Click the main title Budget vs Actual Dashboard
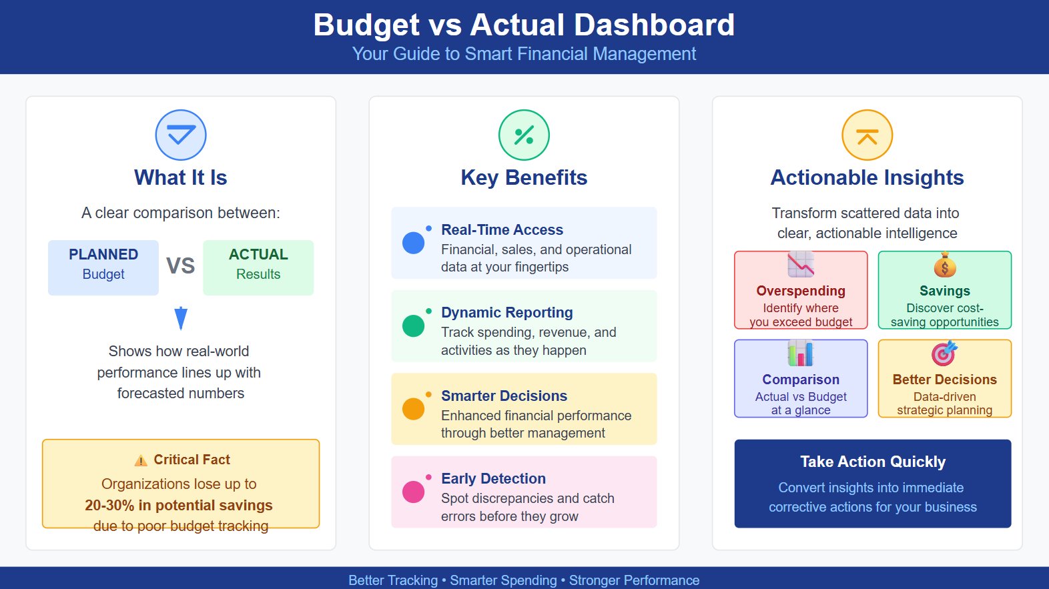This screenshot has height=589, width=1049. click(524, 25)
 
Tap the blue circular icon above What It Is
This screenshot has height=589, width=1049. click(181, 135)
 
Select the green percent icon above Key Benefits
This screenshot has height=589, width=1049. click(524, 135)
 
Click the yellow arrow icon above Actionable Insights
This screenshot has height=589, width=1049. click(867, 135)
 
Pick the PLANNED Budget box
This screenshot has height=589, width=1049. click(103, 267)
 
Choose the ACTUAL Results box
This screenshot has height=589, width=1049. click(258, 267)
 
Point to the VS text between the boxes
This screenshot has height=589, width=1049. click(180, 265)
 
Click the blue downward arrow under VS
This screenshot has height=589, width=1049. click(180, 318)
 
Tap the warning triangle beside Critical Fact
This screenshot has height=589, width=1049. click(141, 460)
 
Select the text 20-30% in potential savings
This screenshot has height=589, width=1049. click(179, 505)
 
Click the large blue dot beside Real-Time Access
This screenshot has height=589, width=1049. click(414, 243)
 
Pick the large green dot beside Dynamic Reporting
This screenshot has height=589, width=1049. click(414, 326)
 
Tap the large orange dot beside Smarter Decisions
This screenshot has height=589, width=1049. click(414, 409)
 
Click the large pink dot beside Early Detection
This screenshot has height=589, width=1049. click(414, 492)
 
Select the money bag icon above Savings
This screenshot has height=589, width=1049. click(944, 265)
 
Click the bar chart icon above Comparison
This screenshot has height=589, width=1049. click(801, 354)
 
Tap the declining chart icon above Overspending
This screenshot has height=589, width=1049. click(801, 265)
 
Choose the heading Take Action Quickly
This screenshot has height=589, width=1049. click(873, 462)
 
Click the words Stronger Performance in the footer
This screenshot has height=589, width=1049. click(634, 580)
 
